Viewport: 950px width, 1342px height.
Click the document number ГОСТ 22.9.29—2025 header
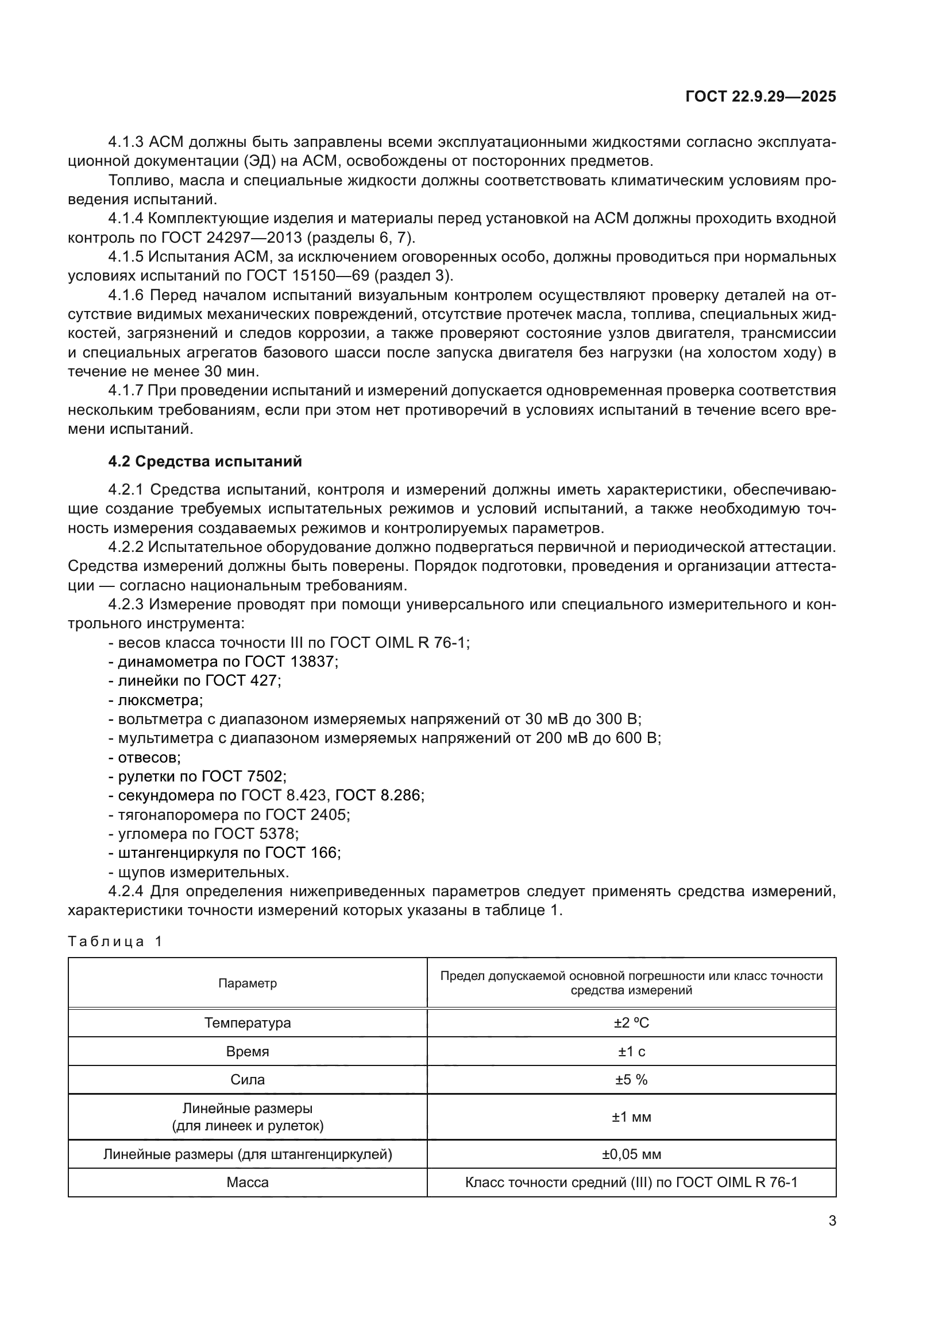click(760, 97)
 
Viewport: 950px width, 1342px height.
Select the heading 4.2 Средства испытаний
click(204, 461)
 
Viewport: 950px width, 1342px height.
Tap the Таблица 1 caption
click(115, 942)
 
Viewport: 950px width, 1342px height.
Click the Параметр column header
click(248, 983)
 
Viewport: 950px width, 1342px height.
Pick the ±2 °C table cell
click(631, 1023)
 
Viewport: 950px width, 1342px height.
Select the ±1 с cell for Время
click(631, 1052)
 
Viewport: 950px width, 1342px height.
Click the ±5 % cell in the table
click(631, 1080)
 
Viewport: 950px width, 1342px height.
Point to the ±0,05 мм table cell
click(631, 1154)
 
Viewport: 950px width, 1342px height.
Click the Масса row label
click(248, 1182)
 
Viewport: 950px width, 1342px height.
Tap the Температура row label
click(248, 1023)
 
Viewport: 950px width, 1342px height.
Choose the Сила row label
click(248, 1080)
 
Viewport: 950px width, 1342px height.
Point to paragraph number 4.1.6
click(126, 295)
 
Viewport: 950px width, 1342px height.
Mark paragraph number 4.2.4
click(126, 892)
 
